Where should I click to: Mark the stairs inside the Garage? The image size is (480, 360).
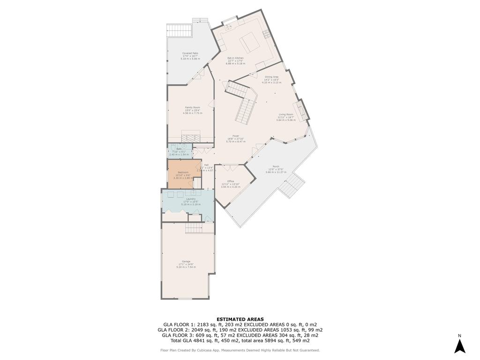click(194, 228)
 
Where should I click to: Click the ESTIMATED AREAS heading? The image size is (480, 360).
click(240, 319)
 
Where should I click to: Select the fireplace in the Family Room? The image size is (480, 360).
click(190, 138)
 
